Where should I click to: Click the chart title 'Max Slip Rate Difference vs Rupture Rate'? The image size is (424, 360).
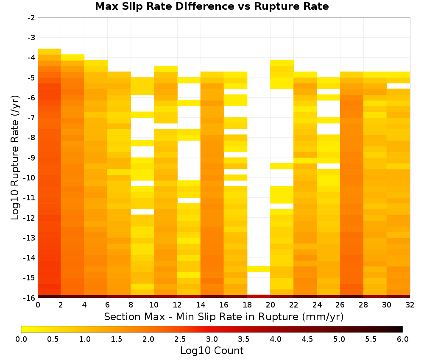coord(212,6)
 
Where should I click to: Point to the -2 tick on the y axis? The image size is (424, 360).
coord(31,18)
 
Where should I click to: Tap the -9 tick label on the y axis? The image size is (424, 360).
coord(31,158)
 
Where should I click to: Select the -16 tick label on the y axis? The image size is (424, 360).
coord(30,298)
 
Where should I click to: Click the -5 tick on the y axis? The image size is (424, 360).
coord(31,78)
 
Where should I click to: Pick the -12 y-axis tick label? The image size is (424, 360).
coord(30,218)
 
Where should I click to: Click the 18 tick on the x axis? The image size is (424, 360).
coord(247,305)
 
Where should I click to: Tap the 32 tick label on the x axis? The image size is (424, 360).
coord(410,305)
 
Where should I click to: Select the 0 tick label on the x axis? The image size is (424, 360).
coord(38,305)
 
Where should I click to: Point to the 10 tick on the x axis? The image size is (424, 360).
coord(154,305)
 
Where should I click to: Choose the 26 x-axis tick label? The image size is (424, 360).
coord(340,305)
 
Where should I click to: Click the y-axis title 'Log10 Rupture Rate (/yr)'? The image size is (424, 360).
coord(15,158)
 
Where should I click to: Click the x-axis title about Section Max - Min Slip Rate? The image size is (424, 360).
coord(224,316)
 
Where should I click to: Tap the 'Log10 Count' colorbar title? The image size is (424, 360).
coord(212,351)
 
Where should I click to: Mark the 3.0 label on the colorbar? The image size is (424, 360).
coord(212,339)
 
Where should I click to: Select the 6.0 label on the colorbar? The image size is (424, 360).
coord(403,339)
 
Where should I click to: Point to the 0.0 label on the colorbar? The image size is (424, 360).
coord(21,339)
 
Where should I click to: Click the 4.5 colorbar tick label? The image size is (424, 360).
coord(307,339)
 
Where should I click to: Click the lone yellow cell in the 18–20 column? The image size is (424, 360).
coord(259,269)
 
